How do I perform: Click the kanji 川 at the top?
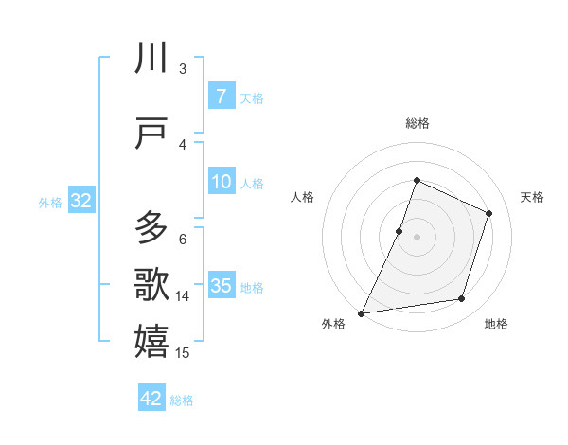click(151, 60)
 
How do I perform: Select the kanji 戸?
click(151, 134)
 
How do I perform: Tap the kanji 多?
click(151, 227)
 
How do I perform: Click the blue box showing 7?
click(221, 97)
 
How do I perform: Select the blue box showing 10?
click(221, 182)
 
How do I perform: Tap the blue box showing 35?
click(221, 286)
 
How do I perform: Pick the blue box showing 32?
click(80, 201)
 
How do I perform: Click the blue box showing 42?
click(151, 399)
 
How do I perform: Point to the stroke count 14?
click(183, 296)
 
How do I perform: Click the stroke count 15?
click(183, 353)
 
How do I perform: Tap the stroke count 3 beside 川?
click(183, 69)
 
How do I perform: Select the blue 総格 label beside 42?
click(182, 400)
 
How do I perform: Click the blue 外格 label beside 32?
click(50, 202)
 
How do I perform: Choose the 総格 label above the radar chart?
click(417, 123)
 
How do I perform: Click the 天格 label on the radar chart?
click(532, 197)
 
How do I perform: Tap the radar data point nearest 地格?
click(462, 299)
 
